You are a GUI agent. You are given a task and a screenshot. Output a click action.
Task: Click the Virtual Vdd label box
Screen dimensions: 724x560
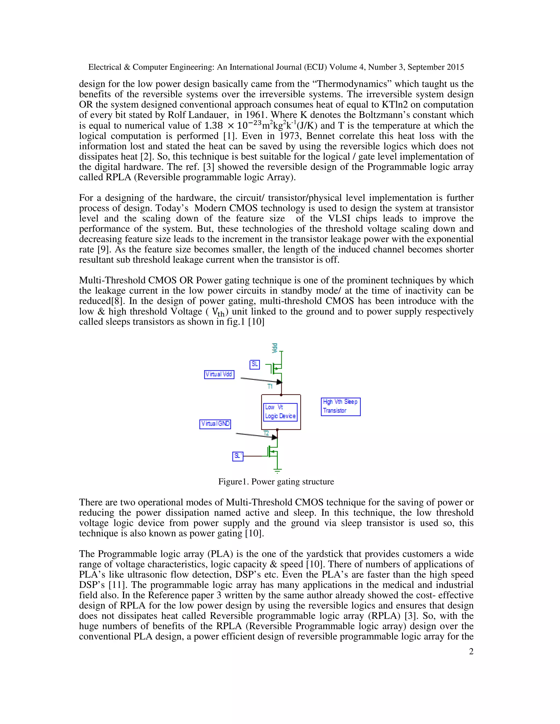[219, 374]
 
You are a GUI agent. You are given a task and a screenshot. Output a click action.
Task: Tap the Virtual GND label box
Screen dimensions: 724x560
[215, 424]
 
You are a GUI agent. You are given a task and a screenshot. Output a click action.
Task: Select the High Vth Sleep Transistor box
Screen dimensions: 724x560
[340, 407]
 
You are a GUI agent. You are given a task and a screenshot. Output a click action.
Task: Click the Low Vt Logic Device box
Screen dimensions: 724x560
[280, 412]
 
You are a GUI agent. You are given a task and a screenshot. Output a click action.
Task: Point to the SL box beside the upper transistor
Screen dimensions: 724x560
[255, 364]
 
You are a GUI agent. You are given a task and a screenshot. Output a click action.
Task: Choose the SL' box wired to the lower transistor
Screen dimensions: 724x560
[238, 456]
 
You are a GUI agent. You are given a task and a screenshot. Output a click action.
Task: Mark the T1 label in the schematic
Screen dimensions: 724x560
[270, 387]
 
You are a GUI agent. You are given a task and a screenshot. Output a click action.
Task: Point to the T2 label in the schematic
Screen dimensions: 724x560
[266, 433]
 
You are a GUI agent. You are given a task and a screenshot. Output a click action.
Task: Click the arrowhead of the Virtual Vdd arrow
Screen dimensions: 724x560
[279, 382]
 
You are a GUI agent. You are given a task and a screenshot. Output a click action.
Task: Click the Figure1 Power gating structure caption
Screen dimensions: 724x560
[276, 482]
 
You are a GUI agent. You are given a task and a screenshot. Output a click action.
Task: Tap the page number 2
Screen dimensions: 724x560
[471, 652]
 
